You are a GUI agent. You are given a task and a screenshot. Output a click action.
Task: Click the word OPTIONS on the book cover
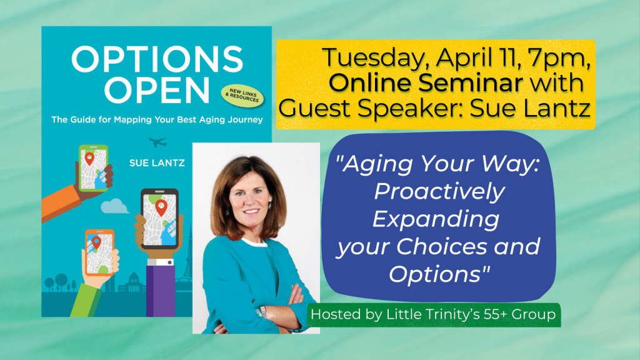[157, 59]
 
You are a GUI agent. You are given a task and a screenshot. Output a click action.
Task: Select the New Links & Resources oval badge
[242, 96]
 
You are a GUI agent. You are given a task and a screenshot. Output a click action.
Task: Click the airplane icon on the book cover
[157, 142]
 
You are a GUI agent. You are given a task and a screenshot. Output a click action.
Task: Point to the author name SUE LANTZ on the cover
[157, 163]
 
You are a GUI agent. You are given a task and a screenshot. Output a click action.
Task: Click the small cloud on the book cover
[115, 206]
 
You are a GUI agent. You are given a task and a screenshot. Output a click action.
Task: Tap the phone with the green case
[94, 168]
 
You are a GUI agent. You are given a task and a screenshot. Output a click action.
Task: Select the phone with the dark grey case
[159, 219]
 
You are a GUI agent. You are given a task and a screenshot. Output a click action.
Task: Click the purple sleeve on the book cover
[161, 291]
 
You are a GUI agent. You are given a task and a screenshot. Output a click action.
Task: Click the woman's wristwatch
[264, 312]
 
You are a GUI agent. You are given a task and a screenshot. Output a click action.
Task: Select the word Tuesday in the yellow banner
[377, 57]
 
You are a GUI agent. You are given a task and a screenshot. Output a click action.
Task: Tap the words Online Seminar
[426, 82]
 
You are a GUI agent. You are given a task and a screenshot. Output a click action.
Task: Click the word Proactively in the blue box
[439, 192]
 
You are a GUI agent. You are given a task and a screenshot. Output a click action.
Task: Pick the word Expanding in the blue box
[436, 219]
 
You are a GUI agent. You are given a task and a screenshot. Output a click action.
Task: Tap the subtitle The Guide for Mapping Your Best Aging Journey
[157, 119]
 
